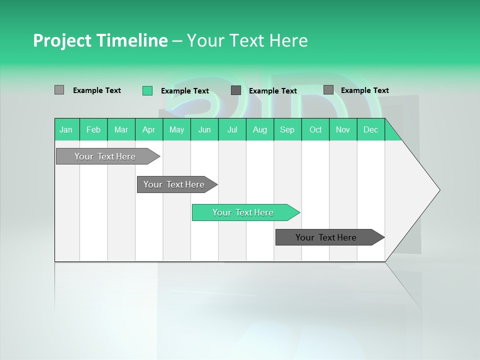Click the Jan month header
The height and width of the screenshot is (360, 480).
click(66, 129)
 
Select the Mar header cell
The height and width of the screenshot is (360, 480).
click(121, 129)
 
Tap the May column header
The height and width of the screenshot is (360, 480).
click(176, 129)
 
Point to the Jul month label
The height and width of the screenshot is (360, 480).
click(232, 129)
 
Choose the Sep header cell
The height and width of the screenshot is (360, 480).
click(287, 129)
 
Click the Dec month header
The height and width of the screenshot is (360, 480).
click(370, 129)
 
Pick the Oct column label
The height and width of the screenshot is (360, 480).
click(315, 129)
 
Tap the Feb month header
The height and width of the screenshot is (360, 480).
click(93, 129)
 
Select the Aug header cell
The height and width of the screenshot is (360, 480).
click(259, 129)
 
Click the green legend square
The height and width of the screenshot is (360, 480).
click(147, 90)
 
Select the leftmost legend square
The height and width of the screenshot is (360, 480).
click(59, 90)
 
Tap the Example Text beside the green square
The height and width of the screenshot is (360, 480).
click(184, 91)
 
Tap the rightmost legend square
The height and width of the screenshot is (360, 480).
click(328, 90)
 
